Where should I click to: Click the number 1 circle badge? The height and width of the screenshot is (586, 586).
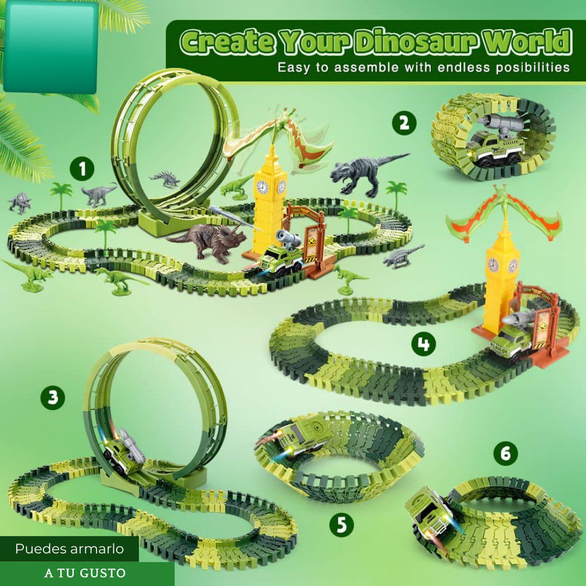click(x=82, y=169)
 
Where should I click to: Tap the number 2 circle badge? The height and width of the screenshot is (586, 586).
click(x=404, y=123)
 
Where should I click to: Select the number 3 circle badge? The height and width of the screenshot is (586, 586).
click(x=52, y=397)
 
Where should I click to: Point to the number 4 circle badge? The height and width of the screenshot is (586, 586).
click(x=423, y=343)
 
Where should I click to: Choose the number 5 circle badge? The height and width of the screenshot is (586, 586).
click(x=342, y=524)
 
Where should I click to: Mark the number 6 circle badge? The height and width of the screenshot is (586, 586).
click(x=505, y=453)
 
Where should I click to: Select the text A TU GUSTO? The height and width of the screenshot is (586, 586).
click(x=85, y=574)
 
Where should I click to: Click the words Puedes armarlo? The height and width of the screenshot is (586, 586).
click(x=69, y=549)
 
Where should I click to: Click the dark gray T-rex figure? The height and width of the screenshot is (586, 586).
click(x=368, y=174)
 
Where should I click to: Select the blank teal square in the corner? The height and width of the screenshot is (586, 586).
click(x=51, y=47)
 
